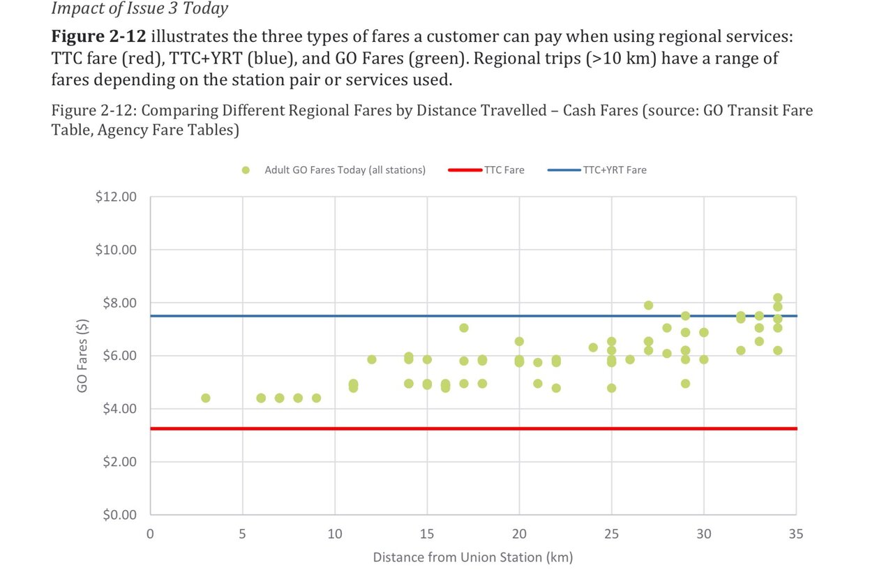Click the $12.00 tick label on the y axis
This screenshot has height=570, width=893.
pos(116,197)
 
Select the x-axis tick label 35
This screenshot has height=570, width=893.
pos(796,534)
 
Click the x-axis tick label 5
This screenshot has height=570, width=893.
pos(242,534)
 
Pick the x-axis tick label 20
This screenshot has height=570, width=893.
pos(519,534)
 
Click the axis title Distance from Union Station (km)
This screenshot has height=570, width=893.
pos(472,557)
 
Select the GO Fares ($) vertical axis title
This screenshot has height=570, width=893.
pos(83,356)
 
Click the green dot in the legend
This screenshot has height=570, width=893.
pos(246,170)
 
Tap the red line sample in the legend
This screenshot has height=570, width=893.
pos(465,170)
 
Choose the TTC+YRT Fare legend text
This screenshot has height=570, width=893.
pos(614,170)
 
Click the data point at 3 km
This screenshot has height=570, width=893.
pos(206,398)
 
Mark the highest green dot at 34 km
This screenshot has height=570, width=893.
pos(777,298)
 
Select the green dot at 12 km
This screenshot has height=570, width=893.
pos(372,359)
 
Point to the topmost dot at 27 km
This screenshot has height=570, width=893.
pos(648,305)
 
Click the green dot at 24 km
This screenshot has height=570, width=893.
pos(593,347)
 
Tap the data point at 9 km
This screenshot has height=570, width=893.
pos(316,398)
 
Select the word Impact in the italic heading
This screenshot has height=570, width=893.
pos(74,9)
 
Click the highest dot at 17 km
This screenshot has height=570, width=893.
pos(464,327)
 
